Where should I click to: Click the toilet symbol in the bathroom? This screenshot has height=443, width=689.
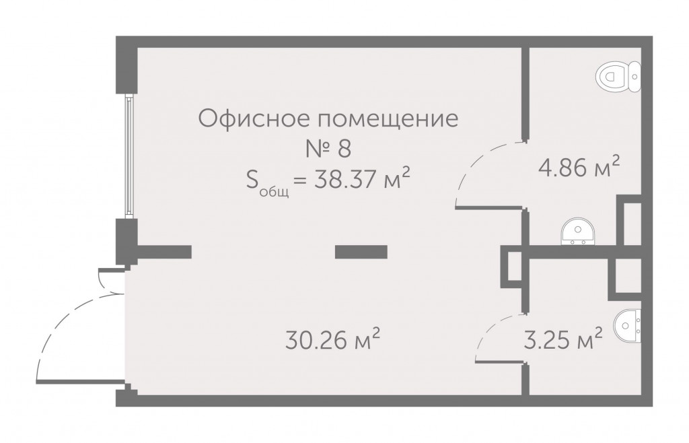coord(618,77)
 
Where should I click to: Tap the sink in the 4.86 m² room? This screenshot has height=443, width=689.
coord(578,232)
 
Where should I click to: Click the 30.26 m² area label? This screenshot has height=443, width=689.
coord(332,339)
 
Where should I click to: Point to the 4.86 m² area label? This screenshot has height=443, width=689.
coord(579,168)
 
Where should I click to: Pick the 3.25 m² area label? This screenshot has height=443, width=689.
coord(563,339)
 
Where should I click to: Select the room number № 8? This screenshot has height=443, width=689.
coord(328,149)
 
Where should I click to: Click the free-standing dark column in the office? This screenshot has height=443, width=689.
coord(361,251)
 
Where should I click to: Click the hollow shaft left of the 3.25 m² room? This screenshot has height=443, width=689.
coord(511,267)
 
